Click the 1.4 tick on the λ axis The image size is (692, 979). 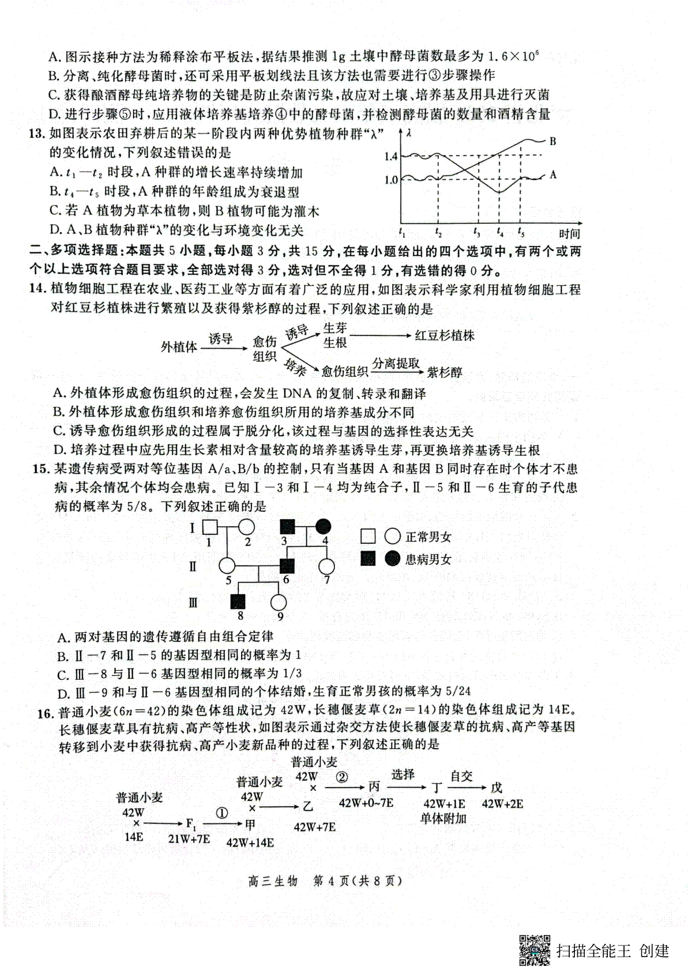coord(390,156)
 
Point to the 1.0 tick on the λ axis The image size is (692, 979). coord(390,180)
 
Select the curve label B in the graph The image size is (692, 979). coord(552,141)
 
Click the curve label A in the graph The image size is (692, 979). coord(553,174)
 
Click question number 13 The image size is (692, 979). coord(37,134)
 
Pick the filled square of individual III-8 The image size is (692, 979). coord(239,602)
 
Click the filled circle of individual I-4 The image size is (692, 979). coord(324,526)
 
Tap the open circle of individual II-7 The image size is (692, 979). coord(327,566)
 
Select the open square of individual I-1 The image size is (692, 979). coord(209,527)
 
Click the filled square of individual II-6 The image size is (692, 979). coord(287,566)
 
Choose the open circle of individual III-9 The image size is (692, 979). coord(279,602)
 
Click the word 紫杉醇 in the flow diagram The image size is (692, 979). coord(445,372)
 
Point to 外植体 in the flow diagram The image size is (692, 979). coord(179,347)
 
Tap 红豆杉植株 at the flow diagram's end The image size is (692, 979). coord(445,335)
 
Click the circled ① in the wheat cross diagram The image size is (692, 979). coord(221,813)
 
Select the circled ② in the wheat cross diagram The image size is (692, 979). coord(342,777)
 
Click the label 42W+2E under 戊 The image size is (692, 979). coord(502,804)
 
